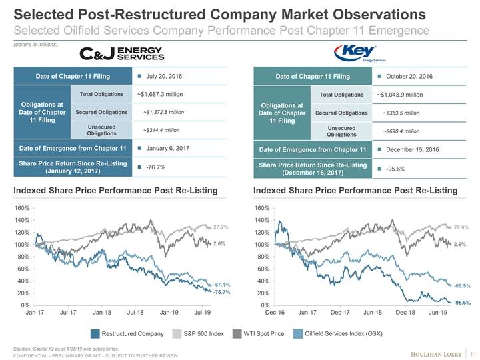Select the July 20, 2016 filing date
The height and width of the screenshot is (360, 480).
point(161,76)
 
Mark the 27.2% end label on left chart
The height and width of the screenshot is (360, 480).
point(221,227)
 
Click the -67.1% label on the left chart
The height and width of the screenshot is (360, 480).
point(222,285)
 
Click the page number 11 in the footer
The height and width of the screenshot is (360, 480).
point(471,352)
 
